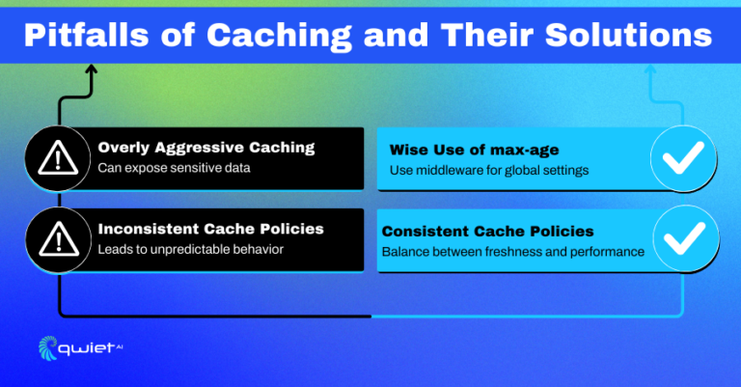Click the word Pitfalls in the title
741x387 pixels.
[x=86, y=35]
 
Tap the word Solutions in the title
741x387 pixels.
[x=628, y=35]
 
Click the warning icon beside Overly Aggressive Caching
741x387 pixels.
[x=58, y=158]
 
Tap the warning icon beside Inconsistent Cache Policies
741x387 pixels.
[x=59, y=239]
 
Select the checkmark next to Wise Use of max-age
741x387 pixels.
[x=683, y=158]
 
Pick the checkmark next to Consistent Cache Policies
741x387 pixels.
[x=685, y=238]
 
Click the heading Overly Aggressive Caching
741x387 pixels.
[x=206, y=148]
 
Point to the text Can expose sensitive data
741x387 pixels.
[x=174, y=168]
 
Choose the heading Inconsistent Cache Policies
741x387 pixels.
[x=210, y=229]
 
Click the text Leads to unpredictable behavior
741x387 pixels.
[x=190, y=250]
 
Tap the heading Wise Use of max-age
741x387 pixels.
[x=474, y=151]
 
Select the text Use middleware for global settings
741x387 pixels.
[x=489, y=171]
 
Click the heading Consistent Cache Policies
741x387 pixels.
[x=487, y=232]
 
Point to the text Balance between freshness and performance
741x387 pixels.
[x=513, y=252]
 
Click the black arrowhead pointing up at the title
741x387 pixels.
[x=91, y=69]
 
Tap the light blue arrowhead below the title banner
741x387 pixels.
[x=650, y=69]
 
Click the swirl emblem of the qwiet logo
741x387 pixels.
[x=47, y=347]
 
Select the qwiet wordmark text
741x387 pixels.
[x=86, y=349]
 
